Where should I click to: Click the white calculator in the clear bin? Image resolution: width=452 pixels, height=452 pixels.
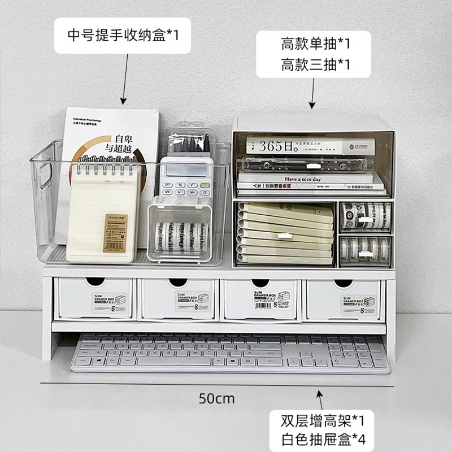coord(185,179)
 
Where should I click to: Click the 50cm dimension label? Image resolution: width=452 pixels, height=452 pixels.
coord(216,398)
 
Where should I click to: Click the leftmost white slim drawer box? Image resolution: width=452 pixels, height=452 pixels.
coord(94,299)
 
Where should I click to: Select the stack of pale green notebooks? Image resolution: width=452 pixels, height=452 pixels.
coord(285,232)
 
